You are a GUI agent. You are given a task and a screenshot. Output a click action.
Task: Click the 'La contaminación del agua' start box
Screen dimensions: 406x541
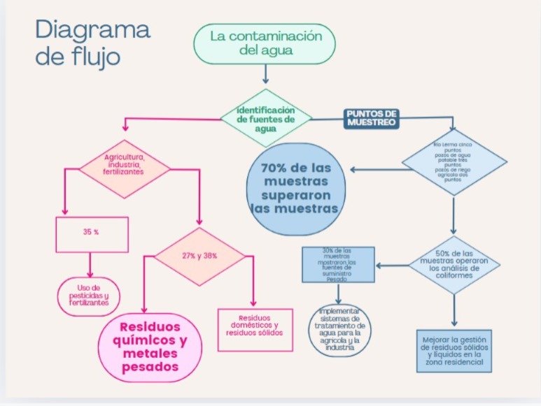[x=265, y=43]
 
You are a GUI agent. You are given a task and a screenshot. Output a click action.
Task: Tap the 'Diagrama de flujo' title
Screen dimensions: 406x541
[x=92, y=42]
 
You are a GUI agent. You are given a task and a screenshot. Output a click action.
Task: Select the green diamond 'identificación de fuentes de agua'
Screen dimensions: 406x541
[x=265, y=117]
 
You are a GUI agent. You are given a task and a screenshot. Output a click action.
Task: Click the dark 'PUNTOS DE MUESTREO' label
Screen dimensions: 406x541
[x=372, y=117]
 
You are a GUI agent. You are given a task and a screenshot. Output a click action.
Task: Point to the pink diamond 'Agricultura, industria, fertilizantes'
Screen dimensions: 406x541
[x=124, y=166]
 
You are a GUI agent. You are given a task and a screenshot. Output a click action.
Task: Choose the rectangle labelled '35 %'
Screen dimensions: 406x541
[x=92, y=234]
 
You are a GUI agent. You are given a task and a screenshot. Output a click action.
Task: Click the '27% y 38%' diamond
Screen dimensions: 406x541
[x=200, y=256]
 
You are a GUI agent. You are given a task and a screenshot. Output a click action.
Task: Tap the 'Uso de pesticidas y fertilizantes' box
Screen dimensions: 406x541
[x=89, y=296]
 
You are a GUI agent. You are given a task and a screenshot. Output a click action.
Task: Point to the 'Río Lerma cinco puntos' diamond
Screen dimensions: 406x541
[x=453, y=163]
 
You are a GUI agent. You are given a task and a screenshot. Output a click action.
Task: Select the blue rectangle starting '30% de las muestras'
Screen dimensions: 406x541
[x=338, y=264]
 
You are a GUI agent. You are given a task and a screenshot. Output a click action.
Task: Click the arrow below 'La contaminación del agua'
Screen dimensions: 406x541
[x=265, y=73]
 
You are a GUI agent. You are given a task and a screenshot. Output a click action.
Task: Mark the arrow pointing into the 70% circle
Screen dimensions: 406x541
[x=374, y=169]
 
